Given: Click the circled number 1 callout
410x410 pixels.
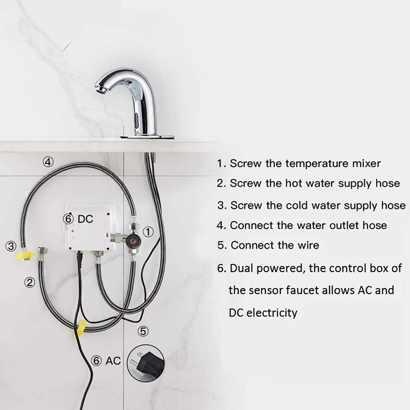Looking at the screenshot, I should pos(148,232).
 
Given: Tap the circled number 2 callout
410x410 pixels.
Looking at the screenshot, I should pos(29,282).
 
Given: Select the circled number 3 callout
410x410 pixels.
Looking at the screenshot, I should pos(11,246).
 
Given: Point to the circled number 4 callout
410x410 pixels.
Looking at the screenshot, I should pos(48,162).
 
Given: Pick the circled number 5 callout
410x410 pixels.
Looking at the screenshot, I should pos(143,331).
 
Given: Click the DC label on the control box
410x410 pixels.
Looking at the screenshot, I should pos(85,219).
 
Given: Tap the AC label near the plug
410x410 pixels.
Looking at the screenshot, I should pos(113,361).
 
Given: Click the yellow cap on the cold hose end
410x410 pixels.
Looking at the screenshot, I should pos(24,256).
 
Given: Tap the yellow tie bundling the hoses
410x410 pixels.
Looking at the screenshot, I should pos(81,328).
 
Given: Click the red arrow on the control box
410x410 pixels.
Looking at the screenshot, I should pos(107,236).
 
